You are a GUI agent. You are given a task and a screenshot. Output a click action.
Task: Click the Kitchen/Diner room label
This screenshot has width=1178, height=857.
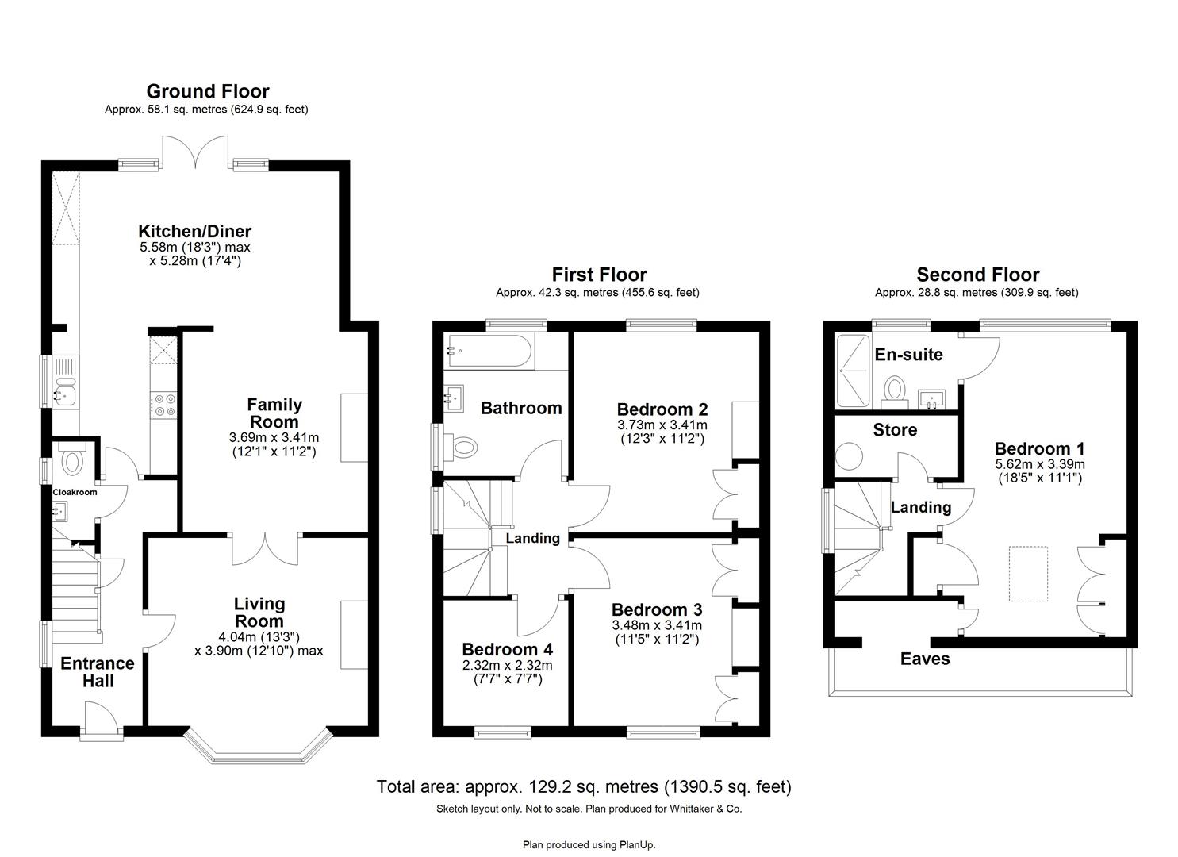[x=194, y=232]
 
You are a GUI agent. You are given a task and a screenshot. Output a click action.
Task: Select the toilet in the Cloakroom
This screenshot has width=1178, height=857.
[x=72, y=461]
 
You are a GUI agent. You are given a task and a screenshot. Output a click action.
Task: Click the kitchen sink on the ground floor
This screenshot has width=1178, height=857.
[x=64, y=391]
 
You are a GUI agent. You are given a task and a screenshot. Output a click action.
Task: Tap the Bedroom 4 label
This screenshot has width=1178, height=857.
[x=507, y=649]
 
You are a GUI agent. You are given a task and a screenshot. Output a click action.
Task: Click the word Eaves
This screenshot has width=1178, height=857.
[x=924, y=659]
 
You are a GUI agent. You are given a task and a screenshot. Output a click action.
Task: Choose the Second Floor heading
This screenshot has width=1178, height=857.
[x=977, y=275]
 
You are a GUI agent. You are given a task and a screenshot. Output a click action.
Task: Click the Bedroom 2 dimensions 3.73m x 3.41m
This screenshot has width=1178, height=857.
[x=662, y=425]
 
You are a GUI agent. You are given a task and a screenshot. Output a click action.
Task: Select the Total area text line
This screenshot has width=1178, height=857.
[x=583, y=787]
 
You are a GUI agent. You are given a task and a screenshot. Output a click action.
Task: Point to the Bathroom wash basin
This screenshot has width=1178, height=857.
[x=455, y=397]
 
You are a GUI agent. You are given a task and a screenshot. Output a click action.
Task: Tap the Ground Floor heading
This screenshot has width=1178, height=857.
[x=207, y=91]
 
